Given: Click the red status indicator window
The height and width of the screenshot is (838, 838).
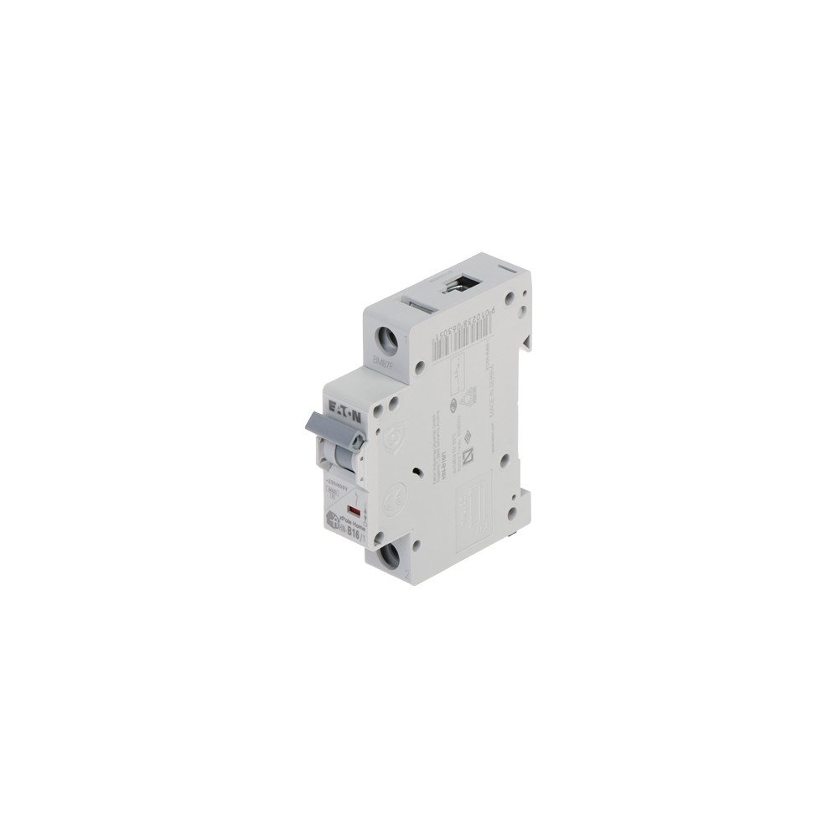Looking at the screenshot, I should (354, 510).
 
